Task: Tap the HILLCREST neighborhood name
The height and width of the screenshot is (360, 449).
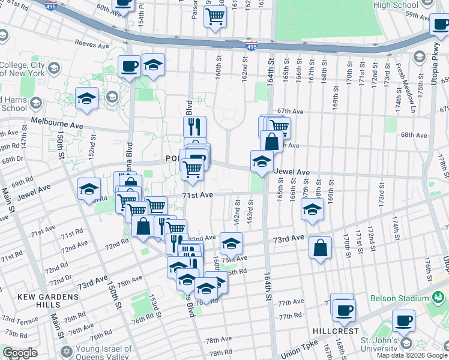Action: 335,331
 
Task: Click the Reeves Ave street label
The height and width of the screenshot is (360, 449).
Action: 92,44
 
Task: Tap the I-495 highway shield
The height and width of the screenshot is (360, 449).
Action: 252,46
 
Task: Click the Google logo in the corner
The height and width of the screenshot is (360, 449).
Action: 20,353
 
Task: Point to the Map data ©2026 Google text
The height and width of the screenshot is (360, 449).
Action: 412,355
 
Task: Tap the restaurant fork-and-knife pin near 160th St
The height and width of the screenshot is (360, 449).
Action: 194,127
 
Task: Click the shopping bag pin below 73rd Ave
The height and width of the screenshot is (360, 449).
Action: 321,247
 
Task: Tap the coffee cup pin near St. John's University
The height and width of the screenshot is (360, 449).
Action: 403,320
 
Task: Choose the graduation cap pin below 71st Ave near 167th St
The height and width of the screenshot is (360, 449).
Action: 312,209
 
